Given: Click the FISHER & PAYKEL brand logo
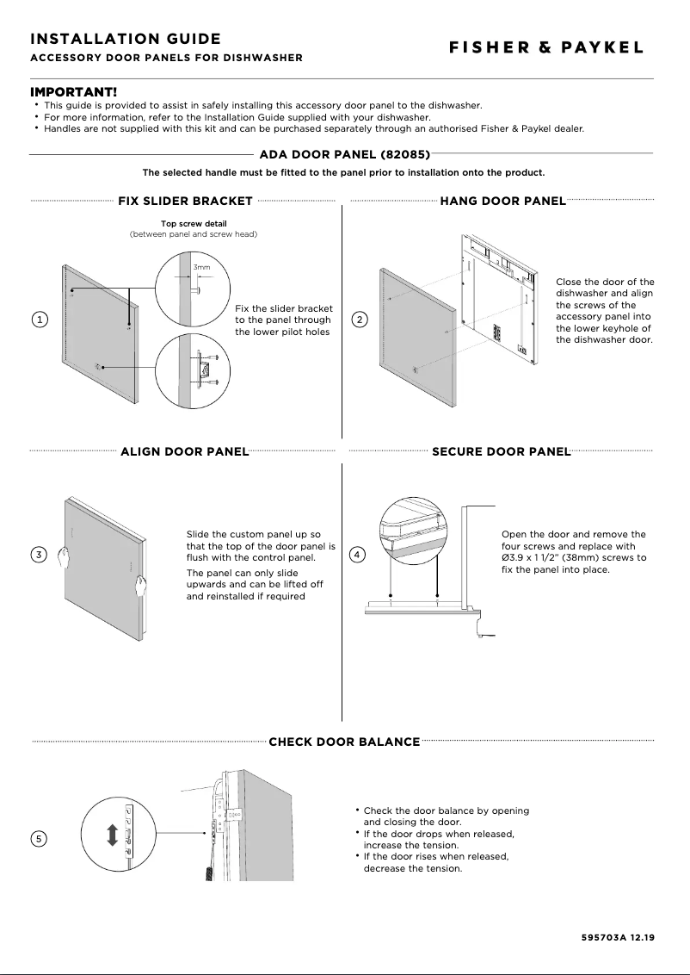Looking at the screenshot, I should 545,48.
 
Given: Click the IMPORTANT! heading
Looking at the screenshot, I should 74,92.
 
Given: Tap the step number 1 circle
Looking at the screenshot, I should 40,320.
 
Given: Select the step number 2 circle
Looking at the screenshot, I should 360,320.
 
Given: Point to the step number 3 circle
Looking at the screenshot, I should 40,555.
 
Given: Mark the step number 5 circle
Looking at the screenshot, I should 40,838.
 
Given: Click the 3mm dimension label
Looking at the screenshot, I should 200,268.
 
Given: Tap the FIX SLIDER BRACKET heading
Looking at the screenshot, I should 185,202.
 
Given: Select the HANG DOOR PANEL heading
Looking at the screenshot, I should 502,202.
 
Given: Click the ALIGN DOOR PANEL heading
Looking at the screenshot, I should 184,451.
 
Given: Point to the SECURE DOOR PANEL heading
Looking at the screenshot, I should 501,451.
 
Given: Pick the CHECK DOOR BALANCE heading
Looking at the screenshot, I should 344,742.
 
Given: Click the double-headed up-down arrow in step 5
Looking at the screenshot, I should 112,835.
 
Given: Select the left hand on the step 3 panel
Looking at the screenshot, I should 62,557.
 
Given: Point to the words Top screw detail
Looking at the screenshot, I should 194,224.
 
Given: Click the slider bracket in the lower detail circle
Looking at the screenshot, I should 204,370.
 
